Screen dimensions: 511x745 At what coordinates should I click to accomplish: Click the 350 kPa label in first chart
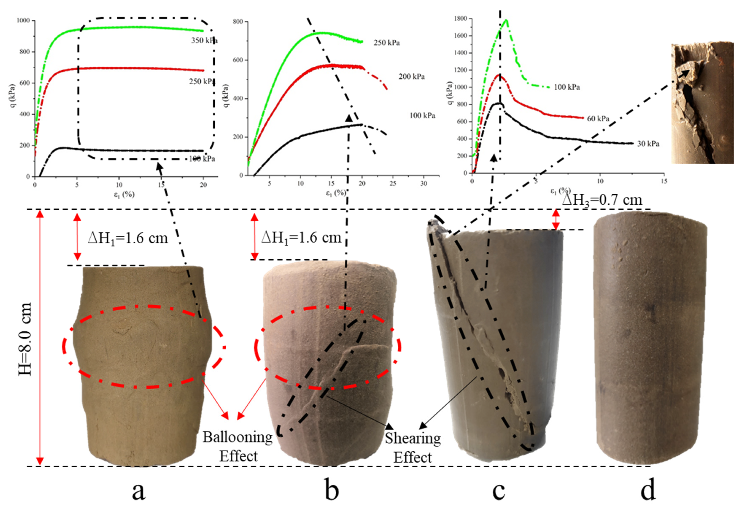click(204, 40)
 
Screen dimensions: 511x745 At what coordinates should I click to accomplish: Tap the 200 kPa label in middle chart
click(412, 76)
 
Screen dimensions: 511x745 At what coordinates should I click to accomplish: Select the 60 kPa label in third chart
click(598, 119)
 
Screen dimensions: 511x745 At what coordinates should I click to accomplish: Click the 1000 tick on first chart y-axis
click(23, 20)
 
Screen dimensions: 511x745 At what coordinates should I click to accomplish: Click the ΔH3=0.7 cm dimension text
click(602, 200)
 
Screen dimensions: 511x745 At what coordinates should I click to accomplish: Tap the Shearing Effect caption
click(413, 448)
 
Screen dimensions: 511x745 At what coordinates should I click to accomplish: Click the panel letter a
click(139, 491)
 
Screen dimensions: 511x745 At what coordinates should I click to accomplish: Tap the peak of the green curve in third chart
click(507, 20)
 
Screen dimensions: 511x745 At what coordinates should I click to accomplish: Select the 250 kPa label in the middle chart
click(387, 43)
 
